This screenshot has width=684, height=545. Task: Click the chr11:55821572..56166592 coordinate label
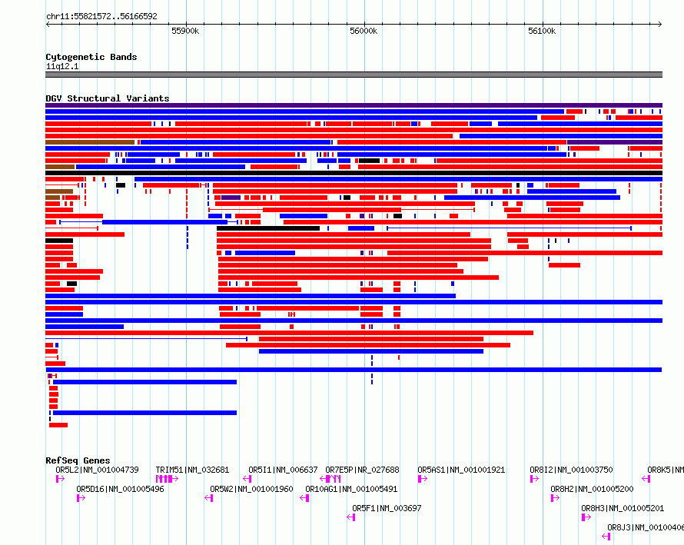tap(101, 16)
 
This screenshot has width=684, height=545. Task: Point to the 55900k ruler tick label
tap(185, 32)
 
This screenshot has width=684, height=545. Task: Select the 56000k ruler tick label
tap(364, 32)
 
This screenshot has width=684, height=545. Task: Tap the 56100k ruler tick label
tap(542, 32)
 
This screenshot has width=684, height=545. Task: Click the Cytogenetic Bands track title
tap(91, 57)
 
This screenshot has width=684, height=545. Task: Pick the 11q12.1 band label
tap(61, 66)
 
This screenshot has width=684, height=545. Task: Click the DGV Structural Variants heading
tap(107, 98)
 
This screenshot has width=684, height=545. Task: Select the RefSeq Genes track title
tap(78, 460)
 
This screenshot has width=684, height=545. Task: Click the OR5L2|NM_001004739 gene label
tap(97, 470)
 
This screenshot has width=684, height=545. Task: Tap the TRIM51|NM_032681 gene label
tap(192, 470)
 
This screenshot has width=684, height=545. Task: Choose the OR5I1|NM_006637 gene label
tap(283, 470)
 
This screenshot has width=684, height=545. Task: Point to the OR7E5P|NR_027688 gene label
tap(362, 470)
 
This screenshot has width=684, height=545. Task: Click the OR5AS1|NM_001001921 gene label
tap(461, 470)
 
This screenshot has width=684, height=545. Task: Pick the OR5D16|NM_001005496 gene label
tap(120, 489)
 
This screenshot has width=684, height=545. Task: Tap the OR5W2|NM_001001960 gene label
tap(251, 489)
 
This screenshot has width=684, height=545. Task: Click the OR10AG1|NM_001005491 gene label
tap(351, 489)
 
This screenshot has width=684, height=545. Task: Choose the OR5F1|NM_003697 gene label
tap(387, 508)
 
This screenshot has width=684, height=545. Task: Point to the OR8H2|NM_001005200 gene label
tap(592, 489)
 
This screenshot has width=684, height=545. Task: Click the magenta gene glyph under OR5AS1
tap(422, 479)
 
